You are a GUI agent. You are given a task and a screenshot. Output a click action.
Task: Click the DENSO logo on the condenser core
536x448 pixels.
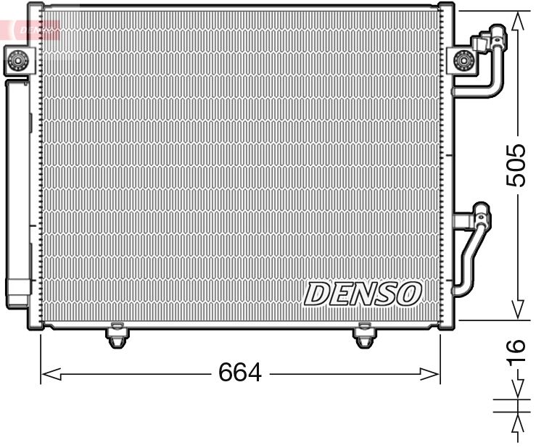[x=363, y=294]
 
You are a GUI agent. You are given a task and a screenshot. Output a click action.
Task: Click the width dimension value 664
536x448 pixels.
[x=239, y=373]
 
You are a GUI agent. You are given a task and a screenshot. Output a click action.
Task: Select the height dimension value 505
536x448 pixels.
[x=516, y=165]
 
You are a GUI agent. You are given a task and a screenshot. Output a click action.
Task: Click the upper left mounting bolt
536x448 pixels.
[x=17, y=60]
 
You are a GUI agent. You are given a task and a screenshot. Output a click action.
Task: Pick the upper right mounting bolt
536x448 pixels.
[x=462, y=60]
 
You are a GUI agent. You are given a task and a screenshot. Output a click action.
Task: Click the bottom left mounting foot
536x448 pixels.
[x=116, y=336]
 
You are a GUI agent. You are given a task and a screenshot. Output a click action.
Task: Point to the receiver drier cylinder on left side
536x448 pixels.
[x=17, y=188]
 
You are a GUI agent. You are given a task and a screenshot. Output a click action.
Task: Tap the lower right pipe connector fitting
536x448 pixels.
[x=480, y=216]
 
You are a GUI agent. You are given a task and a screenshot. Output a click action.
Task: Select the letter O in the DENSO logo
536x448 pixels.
[x=408, y=293]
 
